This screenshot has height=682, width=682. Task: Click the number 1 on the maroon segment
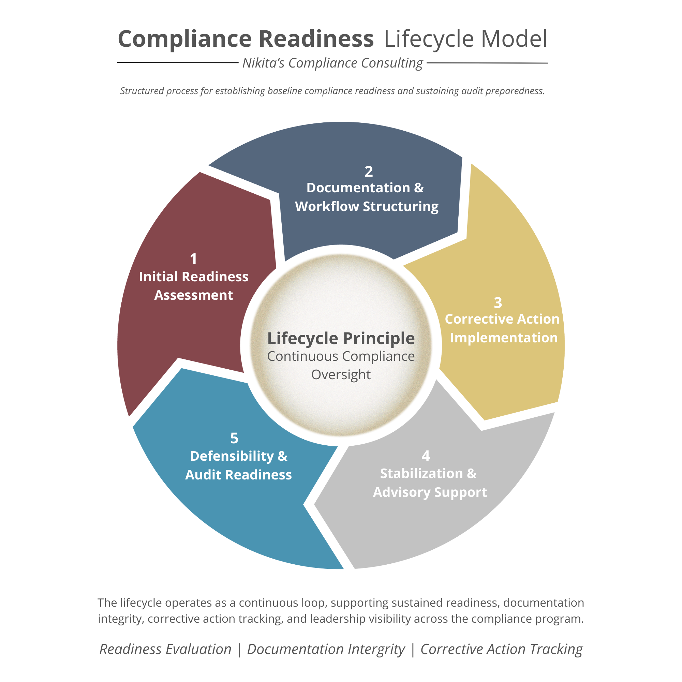193,259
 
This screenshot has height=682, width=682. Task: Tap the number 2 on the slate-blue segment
369,172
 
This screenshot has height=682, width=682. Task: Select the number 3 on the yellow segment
498,302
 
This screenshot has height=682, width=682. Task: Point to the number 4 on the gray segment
426,456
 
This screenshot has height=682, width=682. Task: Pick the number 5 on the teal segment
234,438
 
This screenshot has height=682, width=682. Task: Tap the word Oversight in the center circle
341,374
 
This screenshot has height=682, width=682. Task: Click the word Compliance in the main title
184,39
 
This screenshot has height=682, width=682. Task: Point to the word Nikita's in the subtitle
263,63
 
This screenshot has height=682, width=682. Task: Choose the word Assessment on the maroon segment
193,295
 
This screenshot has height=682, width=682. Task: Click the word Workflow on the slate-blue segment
327,207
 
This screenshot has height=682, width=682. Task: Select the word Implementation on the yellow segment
504,338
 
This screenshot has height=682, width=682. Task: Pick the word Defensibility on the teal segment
232,456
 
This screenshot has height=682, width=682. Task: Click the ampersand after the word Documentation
419,188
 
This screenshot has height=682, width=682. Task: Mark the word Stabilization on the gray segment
421,473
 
